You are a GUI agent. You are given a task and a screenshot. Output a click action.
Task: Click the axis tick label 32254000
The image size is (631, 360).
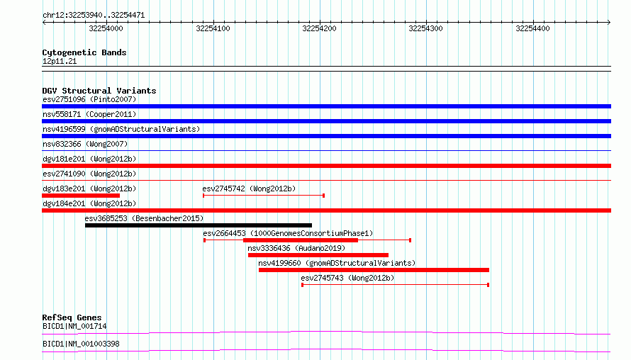tap(106, 28)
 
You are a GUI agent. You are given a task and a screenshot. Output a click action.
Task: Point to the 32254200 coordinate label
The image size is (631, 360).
tap(319, 28)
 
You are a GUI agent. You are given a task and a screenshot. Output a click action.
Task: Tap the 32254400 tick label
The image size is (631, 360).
tap(532, 28)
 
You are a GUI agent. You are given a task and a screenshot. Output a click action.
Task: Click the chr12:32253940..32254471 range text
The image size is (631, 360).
tap(94, 16)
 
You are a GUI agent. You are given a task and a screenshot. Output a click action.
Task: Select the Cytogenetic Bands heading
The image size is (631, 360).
tap(84, 52)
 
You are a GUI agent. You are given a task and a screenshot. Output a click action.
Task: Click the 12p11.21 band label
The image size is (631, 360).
tap(60, 61)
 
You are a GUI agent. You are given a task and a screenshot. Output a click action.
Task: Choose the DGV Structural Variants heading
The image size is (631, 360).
tap(99, 91)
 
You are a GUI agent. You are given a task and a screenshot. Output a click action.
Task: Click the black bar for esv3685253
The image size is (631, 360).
tap(199, 225)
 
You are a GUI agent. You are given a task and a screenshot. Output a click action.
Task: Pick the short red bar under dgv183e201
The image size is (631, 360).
tap(81, 196)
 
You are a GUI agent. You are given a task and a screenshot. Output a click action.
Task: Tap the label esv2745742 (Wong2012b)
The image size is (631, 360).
tap(249, 189)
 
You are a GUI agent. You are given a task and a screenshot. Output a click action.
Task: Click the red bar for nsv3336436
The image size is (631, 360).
tap(318, 255)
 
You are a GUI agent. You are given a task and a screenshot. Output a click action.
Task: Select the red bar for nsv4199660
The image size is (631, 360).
tap(374, 270)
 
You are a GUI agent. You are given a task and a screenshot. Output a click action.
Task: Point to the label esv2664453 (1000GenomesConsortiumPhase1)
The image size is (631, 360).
tap(288, 233)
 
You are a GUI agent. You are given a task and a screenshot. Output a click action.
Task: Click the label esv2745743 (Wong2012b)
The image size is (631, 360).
tap(347, 278)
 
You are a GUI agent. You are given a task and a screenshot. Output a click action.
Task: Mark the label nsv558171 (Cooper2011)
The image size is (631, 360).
tap(89, 114)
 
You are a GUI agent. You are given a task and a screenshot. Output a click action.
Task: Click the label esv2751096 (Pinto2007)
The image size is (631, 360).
tap(89, 99)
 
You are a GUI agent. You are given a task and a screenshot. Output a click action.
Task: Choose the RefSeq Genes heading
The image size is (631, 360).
tap(72, 317)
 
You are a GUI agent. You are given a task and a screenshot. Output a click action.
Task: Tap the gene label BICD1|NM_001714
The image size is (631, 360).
tap(74, 326)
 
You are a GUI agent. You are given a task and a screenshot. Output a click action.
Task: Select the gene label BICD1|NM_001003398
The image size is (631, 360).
tap(81, 344)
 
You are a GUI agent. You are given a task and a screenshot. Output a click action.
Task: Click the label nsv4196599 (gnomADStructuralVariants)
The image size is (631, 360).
tap(121, 129)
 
